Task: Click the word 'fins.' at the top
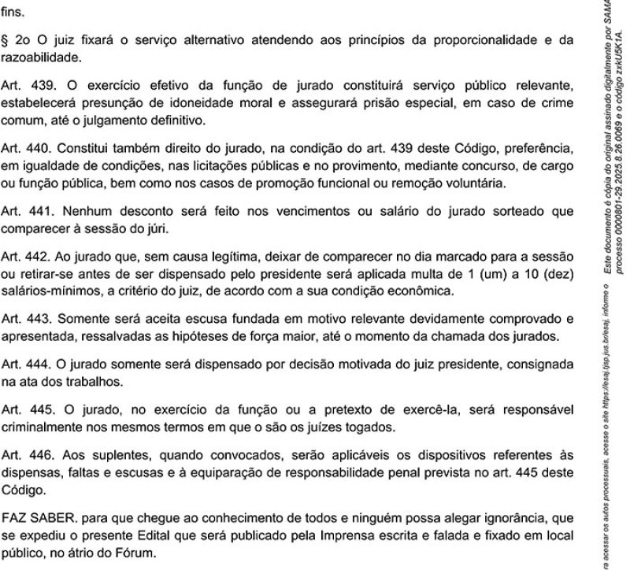[x=13, y=13]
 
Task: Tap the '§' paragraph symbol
[x=6, y=39]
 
